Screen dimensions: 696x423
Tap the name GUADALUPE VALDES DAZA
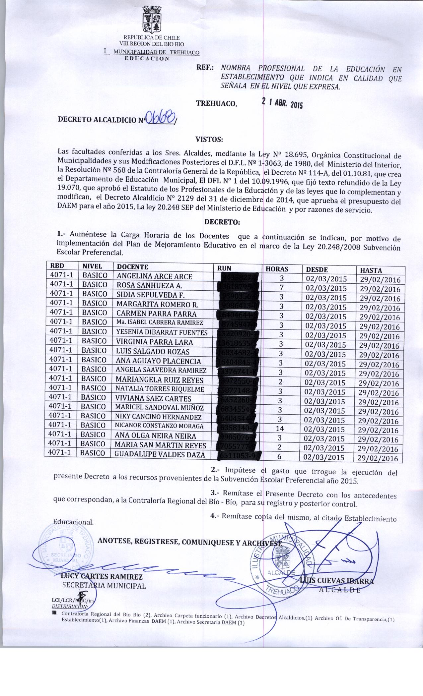(x=160, y=455)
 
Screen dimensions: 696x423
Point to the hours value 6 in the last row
(x=279, y=456)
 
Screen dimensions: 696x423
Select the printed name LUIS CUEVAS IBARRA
(x=336, y=581)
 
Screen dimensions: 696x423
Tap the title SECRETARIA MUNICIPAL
(x=104, y=586)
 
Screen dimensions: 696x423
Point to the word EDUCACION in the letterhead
(x=147, y=59)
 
